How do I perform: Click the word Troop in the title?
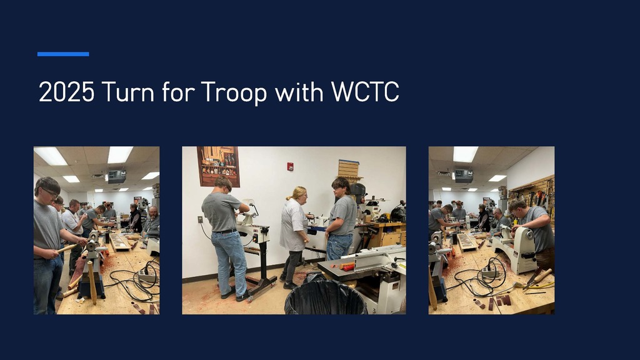tap(234, 92)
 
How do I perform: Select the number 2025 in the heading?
tap(66, 92)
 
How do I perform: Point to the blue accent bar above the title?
tap(63, 54)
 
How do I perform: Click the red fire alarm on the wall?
tap(290, 167)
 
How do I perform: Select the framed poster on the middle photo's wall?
tap(218, 166)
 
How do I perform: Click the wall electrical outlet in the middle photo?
tap(200, 219)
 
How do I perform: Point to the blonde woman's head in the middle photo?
tap(299, 193)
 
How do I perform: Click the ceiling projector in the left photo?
tap(116, 176)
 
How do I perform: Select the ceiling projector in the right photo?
tap(463, 176)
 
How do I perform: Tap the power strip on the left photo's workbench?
tap(147, 272)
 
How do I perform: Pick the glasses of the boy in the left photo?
tap(49, 192)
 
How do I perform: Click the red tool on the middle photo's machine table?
tap(347, 267)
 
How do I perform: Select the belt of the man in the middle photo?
tap(226, 231)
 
